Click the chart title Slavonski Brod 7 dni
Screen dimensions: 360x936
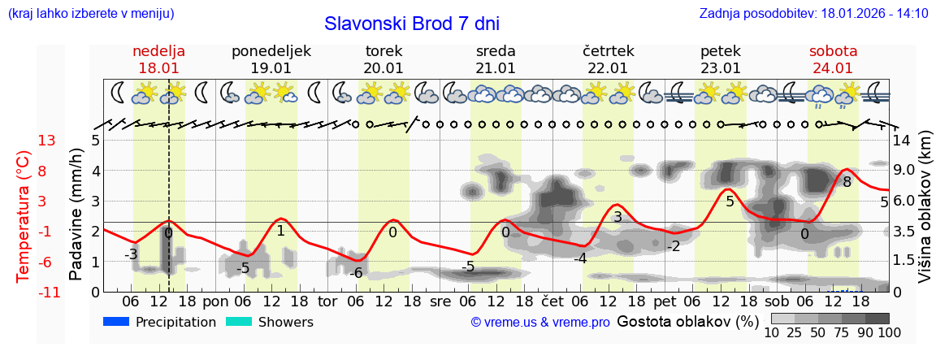(x=412, y=24)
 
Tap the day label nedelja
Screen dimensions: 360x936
(x=159, y=51)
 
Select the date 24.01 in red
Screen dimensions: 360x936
(x=833, y=68)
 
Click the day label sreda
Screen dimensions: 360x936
(x=496, y=51)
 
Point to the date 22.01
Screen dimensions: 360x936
(x=608, y=68)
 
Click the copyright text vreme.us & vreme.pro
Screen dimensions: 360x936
(x=540, y=323)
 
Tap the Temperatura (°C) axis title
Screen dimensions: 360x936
(x=24, y=216)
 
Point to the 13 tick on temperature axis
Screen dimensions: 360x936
(x=46, y=141)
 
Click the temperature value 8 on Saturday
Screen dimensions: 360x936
(x=847, y=182)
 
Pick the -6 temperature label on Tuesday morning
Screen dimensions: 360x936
(x=356, y=273)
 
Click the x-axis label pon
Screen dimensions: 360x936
(x=215, y=301)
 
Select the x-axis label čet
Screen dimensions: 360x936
(x=552, y=301)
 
